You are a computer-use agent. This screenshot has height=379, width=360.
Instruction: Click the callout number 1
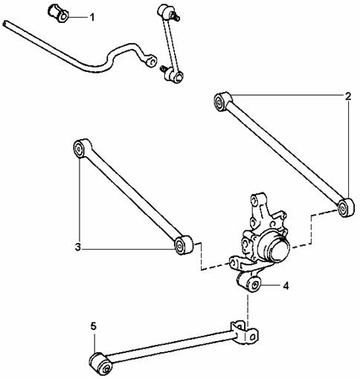(x=92, y=18)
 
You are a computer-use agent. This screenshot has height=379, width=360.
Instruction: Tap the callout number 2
(x=348, y=96)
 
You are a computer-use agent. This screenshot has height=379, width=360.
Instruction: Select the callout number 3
(x=78, y=247)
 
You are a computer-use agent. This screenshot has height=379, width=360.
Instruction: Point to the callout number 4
(x=286, y=286)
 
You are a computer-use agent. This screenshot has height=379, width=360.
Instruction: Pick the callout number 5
(x=93, y=326)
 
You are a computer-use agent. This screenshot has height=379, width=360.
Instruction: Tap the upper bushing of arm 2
(x=222, y=101)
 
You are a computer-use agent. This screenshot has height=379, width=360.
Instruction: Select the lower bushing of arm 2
(x=346, y=207)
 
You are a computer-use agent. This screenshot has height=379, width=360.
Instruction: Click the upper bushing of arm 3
(x=81, y=148)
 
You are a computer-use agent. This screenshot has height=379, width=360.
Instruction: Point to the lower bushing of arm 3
(x=183, y=245)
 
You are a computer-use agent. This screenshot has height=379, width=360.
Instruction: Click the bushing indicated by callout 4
(x=249, y=282)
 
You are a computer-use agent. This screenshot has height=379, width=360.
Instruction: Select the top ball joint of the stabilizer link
(x=164, y=12)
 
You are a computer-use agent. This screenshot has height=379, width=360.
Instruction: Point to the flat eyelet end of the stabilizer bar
(x=151, y=61)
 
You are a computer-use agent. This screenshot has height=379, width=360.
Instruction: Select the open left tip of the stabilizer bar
(x=5, y=24)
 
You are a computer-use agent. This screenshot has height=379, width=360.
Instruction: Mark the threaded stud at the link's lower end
(x=163, y=68)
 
